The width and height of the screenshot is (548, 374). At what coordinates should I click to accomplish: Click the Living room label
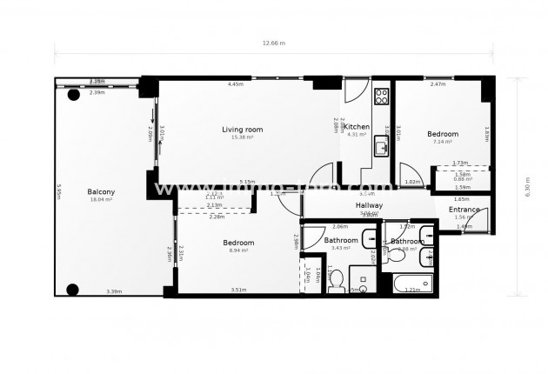tap(242, 130)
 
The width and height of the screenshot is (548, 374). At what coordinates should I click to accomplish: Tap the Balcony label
tap(101, 192)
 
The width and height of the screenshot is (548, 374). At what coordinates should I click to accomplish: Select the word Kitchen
tap(357, 127)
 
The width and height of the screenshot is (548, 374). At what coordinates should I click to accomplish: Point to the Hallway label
tap(370, 205)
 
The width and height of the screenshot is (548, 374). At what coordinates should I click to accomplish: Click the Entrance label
tap(464, 210)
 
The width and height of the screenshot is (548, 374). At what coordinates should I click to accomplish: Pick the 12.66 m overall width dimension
tap(274, 43)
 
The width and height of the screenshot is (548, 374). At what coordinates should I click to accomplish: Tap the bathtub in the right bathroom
tap(411, 284)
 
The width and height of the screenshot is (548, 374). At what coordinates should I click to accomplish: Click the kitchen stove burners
tap(380, 95)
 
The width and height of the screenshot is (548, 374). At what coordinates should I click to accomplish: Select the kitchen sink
tap(380, 149)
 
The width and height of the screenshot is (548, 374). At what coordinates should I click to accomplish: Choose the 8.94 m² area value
tap(238, 250)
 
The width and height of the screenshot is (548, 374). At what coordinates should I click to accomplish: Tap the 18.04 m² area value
tap(101, 200)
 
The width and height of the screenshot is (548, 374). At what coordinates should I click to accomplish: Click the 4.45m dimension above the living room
tap(235, 84)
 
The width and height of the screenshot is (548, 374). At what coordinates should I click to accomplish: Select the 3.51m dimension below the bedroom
tap(238, 291)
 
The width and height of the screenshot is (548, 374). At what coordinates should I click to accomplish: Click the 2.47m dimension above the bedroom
tap(438, 84)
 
